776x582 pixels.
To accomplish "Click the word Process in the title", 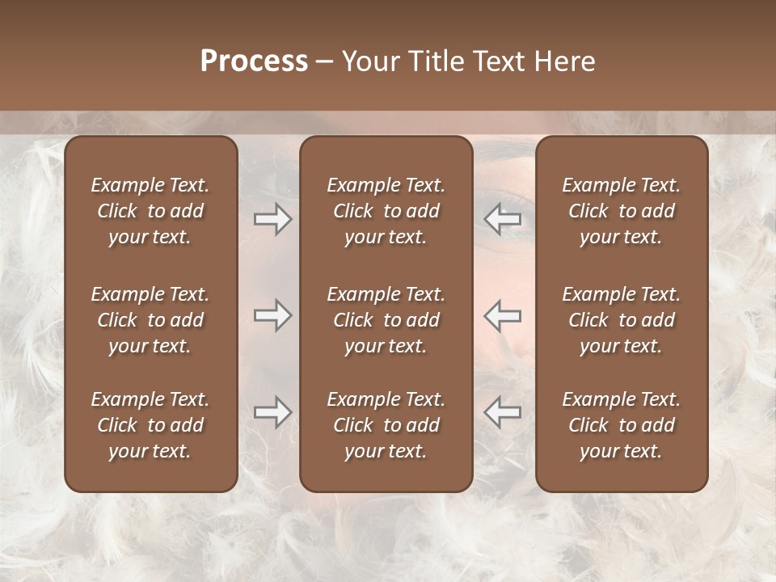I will pos(254,61).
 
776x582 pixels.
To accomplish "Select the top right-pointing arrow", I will pos(272,219).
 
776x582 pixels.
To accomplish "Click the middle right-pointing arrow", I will pos(272,314).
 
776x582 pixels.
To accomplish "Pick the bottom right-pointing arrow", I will pos(272,411).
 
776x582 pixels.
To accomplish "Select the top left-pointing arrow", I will pos(503,219).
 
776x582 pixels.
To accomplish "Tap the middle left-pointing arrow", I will pos(503,314).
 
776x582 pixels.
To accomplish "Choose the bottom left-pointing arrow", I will pos(503,411).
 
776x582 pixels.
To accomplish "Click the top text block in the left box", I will pos(150,211).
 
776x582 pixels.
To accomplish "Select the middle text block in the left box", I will pos(150,320).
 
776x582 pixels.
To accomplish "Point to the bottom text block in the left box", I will pos(150,425).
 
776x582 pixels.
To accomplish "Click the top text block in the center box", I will pos(386,211).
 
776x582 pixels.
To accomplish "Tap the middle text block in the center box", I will pos(386,320).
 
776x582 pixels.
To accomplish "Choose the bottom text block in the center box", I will pos(386,425).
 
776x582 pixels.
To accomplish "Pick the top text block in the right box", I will pos(622,211).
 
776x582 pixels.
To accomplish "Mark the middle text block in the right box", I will pos(622,320).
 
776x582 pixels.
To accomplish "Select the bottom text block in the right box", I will pos(622,425).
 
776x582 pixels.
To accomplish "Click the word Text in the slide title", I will pos(498,61).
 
